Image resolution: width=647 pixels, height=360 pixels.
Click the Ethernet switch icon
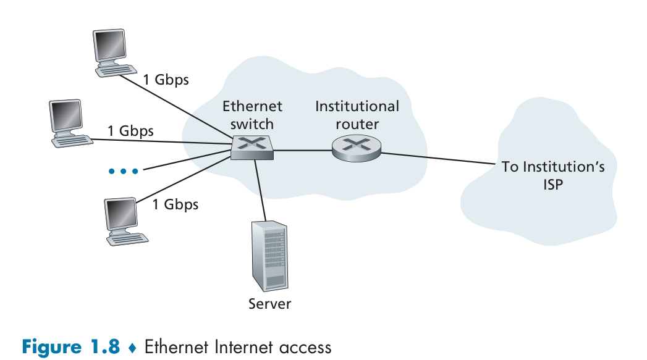point(253,147)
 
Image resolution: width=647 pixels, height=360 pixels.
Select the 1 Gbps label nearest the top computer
point(166,80)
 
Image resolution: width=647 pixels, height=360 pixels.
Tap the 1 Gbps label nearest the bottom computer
point(175,204)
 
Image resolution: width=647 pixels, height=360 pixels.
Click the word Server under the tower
point(269,303)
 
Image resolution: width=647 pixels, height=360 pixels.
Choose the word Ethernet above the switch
point(252,106)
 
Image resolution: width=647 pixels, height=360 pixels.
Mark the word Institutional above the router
point(357,106)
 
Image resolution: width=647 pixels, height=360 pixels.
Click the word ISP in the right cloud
point(553,184)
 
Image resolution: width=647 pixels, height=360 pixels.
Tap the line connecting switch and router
point(303,149)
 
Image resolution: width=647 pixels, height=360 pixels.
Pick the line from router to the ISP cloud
point(439,159)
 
